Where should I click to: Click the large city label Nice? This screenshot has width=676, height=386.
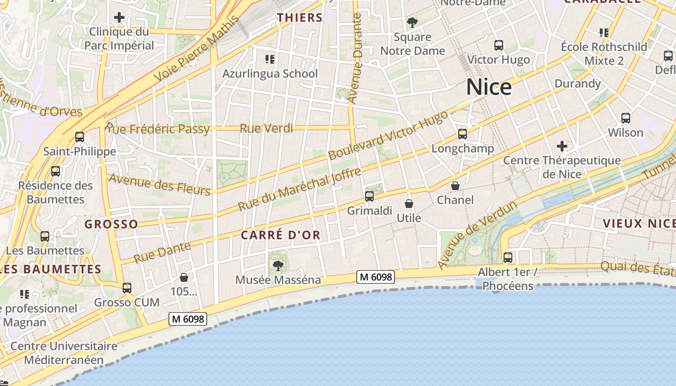click(x=489, y=87)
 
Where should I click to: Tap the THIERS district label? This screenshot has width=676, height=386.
click(x=299, y=18)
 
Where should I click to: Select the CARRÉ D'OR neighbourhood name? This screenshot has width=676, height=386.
click(x=281, y=235)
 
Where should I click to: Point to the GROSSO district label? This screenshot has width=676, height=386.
click(x=111, y=224)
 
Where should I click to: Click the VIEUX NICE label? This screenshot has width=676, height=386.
click(x=639, y=223)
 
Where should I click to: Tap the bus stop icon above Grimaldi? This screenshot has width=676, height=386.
click(x=369, y=196)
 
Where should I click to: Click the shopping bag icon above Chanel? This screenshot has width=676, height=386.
click(x=455, y=185)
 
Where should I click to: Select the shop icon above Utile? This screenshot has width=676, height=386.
click(x=409, y=204)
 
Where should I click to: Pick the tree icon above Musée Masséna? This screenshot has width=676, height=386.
click(x=278, y=265)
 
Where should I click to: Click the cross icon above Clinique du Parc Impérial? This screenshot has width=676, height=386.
click(x=119, y=18)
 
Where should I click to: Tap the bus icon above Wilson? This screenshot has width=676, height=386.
click(x=625, y=118)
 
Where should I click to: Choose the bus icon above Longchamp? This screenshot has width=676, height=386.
click(x=463, y=134)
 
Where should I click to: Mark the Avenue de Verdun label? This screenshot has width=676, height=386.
click(x=478, y=235)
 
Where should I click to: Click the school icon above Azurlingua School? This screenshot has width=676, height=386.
click(x=270, y=59)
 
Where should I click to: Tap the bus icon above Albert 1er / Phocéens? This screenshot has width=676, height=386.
click(x=507, y=257)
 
